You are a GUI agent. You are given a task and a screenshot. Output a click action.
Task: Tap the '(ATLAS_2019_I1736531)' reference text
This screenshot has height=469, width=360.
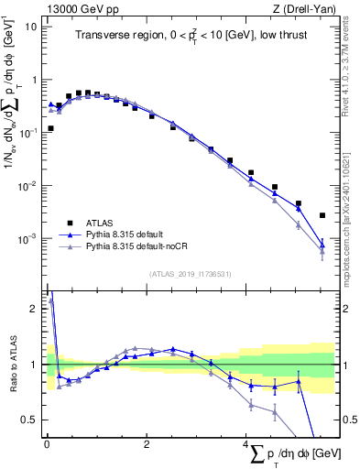pyautogui.click(x=190, y=273)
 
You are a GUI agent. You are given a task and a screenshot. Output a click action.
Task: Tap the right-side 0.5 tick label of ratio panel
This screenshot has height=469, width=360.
pyautogui.click(x=348, y=420)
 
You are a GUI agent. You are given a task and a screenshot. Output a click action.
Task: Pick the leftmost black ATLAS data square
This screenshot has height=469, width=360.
pyautogui.click(x=50, y=128)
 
